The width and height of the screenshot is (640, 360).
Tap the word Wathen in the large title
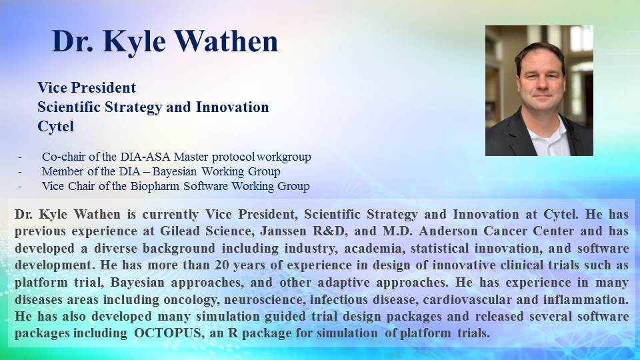[227, 41]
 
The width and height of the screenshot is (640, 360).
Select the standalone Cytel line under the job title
[55, 127]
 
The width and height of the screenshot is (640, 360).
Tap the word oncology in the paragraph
[190, 300]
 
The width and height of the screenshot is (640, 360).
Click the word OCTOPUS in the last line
[168, 333]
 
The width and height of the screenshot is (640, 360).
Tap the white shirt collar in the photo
[547, 133]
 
